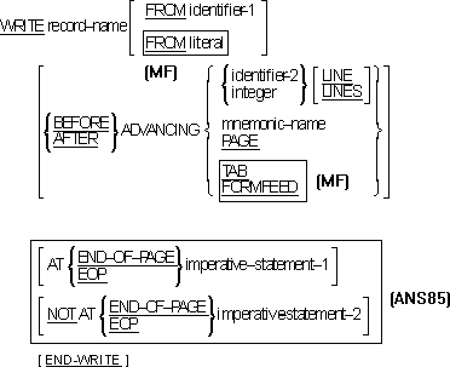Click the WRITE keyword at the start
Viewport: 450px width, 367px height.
(x=22, y=27)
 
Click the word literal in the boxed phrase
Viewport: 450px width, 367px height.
(x=206, y=43)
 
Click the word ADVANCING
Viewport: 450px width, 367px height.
(x=160, y=130)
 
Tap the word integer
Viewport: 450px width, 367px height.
(x=249, y=93)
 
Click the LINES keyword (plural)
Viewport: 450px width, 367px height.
(x=342, y=91)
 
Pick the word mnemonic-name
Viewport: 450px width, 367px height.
(x=273, y=124)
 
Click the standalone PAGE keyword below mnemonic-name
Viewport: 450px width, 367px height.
(x=240, y=141)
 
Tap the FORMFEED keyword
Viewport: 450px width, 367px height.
(x=261, y=186)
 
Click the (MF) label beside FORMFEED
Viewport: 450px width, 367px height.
(x=332, y=180)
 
